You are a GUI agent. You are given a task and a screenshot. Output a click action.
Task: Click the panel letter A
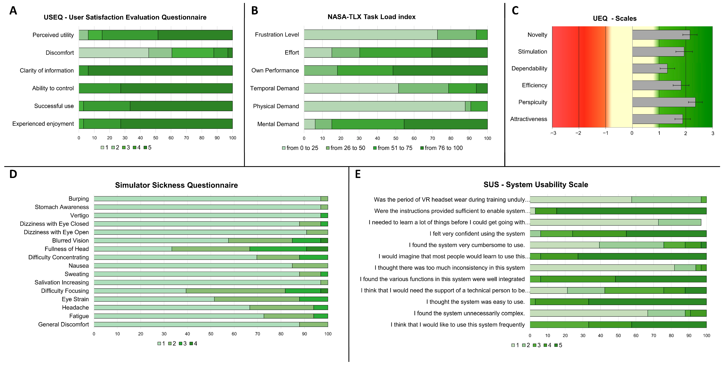pyautogui.click(x=13, y=11)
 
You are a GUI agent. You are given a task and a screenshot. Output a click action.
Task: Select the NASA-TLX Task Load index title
pyautogui.click(x=371, y=17)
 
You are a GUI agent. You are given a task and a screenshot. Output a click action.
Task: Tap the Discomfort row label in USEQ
pyautogui.click(x=60, y=53)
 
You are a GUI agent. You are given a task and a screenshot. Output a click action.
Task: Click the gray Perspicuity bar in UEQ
pyautogui.click(x=663, y=102)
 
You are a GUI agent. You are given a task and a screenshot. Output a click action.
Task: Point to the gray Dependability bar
pyautogui.click(x=650, y=68)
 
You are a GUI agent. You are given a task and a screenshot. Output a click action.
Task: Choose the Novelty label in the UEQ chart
pyautogui.click(x=537, y=35)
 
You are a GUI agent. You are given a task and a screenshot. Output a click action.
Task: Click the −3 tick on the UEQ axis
pyautogui.click(x=553, y=133)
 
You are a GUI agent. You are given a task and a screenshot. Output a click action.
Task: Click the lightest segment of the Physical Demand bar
pyautogui.click(x=384, y=106)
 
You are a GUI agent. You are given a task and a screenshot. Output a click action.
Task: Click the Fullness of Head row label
pyautogui.click(x=67, y=249)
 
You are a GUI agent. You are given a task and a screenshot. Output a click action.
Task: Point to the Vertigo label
pyautogui.click(x=79, y=215)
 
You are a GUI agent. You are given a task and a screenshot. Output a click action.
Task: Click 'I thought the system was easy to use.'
pyautogui.click(x=475, y=302)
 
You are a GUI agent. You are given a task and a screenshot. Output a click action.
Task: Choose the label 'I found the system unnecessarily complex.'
pyautogui.click(x=469, y=313)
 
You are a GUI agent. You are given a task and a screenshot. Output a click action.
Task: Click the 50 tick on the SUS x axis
pyautogui.click(x=618, y=335)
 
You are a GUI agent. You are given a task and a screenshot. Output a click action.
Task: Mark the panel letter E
pyautogui.click(x=358, y=174)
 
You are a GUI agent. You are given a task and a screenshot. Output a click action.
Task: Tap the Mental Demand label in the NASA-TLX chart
pyautogui.click(x=278, y=124)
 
